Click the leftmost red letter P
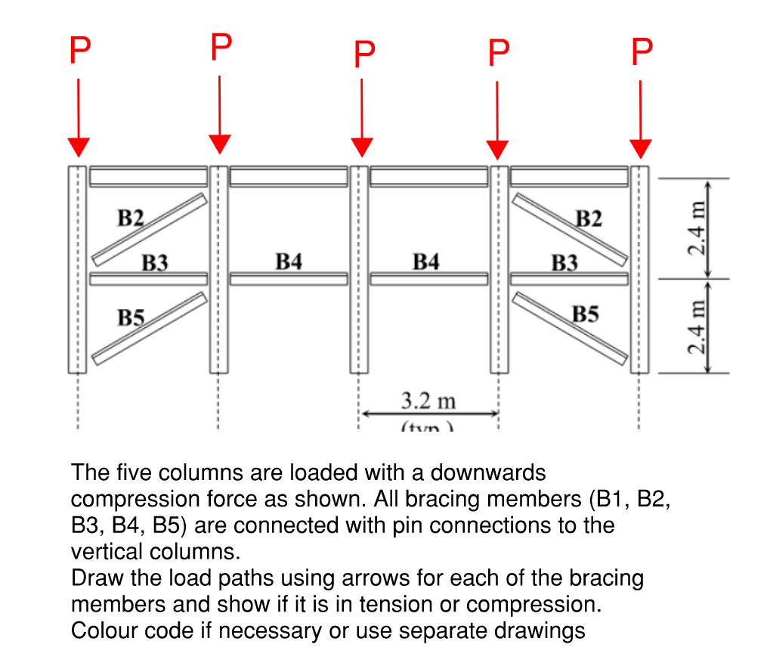79,51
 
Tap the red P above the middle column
363,54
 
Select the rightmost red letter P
641,51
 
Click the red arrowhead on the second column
220,143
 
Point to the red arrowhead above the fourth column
497,150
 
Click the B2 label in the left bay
130,218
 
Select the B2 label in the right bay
589,219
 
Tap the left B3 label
155,262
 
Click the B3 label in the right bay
564,262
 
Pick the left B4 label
289,262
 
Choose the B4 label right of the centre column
426,262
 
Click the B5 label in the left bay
131,317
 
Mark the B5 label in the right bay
586,313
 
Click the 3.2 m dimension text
428,399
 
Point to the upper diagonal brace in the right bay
570,230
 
